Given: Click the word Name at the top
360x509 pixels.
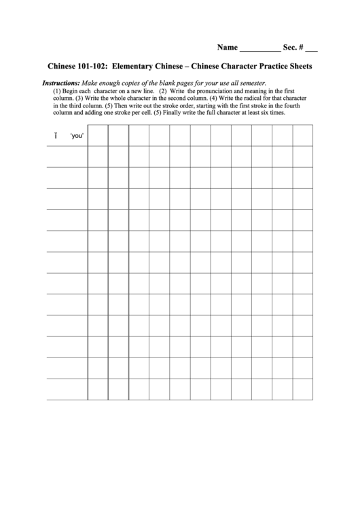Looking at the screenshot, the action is (x=228, y=48).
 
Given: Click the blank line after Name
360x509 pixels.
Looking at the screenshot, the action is (x=259, y=50).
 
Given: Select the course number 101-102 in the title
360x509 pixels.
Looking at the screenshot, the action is (x=92, y=67).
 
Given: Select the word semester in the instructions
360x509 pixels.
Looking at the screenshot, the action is (x=247, y=82).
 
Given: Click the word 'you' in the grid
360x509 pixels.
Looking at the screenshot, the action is (x=77, y=136).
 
